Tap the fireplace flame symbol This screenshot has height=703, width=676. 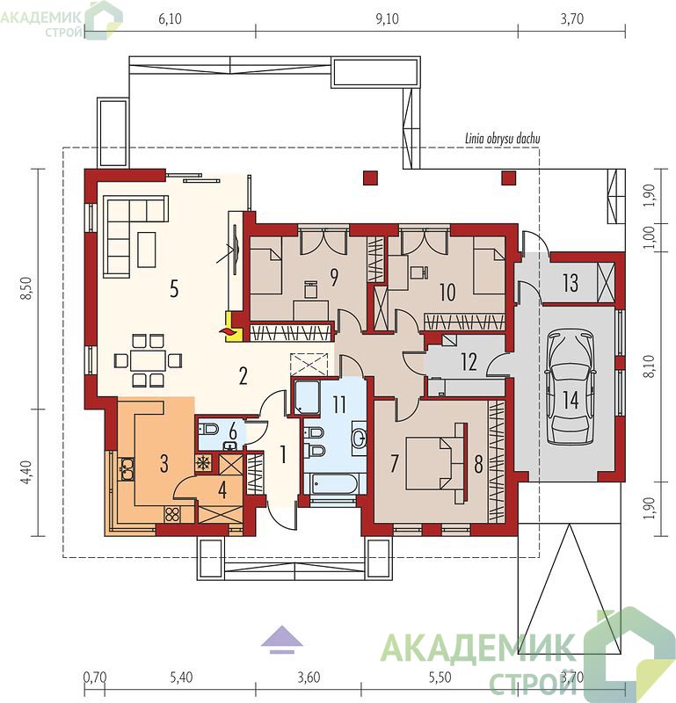227,331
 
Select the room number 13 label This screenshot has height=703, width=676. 571,283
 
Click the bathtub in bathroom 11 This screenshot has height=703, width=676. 331,484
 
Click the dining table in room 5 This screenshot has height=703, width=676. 148,360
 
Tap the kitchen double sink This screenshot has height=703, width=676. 127,469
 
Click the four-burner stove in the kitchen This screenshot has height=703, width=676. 172,514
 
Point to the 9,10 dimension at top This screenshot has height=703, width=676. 387,18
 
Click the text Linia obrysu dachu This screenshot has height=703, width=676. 503,139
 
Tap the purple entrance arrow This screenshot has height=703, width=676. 282,640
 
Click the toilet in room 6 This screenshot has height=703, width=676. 208,429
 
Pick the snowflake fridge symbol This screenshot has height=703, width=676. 203,463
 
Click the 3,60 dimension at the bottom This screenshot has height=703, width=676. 309,677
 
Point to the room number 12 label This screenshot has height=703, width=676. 469,362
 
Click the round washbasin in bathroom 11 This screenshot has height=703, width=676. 360,438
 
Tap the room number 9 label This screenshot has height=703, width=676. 334,278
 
